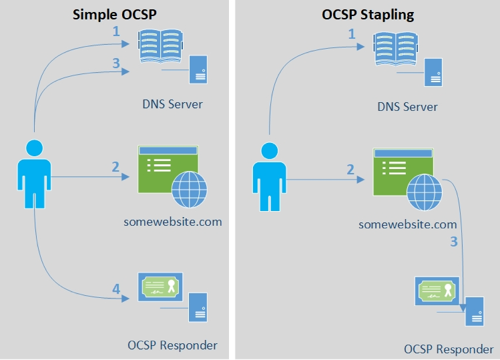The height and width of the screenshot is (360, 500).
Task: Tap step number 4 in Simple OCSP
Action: [116, 289]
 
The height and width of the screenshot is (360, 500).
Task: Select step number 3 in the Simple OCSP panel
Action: [115, 63]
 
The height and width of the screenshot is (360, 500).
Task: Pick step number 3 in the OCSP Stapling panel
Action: [454, 241]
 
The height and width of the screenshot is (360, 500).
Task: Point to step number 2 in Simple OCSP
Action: [115, 167]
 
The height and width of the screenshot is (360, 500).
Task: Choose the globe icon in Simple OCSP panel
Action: [190, 190]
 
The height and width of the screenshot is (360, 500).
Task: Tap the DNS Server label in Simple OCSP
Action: [172, 104]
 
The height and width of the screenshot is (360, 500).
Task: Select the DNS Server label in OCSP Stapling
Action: [407, 106]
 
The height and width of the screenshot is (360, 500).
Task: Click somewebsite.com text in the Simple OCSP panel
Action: [173, 221]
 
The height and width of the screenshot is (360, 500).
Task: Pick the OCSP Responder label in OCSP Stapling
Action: [449, 349]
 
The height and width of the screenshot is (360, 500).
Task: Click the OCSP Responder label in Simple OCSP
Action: [172, 345]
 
